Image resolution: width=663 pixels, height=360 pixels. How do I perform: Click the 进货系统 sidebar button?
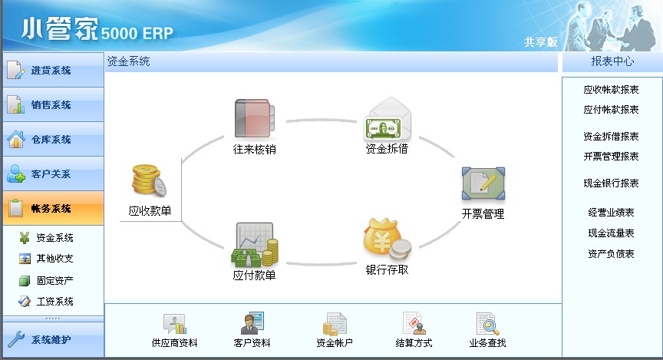[x=53, y=70]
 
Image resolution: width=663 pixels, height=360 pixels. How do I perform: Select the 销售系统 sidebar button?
[x=53, y=105]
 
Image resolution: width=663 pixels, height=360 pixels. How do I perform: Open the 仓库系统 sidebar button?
[x=53, y=139]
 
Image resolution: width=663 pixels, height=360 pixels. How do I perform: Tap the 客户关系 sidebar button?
[x=53, y=174]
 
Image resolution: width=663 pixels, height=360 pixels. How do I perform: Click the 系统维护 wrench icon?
[x=16, y=339]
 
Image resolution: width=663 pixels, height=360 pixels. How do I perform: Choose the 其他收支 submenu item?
[x=46, y=259]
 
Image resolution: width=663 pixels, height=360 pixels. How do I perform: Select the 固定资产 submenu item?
[x=46, y=280]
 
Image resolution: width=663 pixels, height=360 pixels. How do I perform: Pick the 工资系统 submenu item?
[x=46, y=302]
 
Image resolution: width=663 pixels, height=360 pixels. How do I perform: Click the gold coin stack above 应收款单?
[x=149, y=180]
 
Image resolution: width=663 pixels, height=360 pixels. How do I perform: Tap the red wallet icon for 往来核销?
[x=255, y=118]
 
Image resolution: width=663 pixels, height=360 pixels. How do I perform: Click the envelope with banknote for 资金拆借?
[x=388, y=118]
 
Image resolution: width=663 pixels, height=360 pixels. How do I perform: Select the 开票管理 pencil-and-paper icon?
[x=483, y=183]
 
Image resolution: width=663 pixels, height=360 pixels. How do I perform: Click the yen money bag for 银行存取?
[x=387, y=239]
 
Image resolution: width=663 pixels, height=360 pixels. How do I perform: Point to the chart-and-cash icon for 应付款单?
[x=255, y=246]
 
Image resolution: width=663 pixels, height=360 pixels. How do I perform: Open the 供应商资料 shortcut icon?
[x=175, y=324]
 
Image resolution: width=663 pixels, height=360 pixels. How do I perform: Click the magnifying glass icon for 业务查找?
[x=487, y=324]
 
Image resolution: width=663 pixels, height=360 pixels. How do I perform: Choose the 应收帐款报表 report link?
[x=611, y=90]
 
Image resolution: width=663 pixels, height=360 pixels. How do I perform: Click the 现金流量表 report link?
[x=611, y=233]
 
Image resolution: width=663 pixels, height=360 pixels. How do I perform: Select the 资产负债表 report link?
[x=611, y=254]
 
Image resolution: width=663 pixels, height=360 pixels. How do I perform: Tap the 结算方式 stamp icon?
[x=414, y=324]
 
